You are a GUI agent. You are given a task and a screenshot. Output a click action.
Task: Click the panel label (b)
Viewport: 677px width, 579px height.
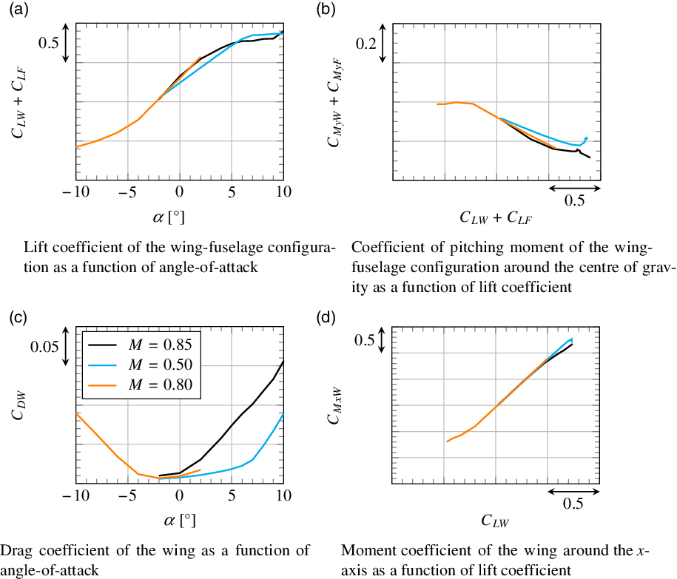(325, 10)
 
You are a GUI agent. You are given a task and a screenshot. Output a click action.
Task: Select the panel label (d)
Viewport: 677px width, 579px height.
(325, 319)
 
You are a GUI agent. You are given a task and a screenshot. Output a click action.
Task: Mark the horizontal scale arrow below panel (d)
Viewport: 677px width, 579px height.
(573, 490)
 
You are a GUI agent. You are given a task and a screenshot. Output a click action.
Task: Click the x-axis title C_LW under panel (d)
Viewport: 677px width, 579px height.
(494, 522)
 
